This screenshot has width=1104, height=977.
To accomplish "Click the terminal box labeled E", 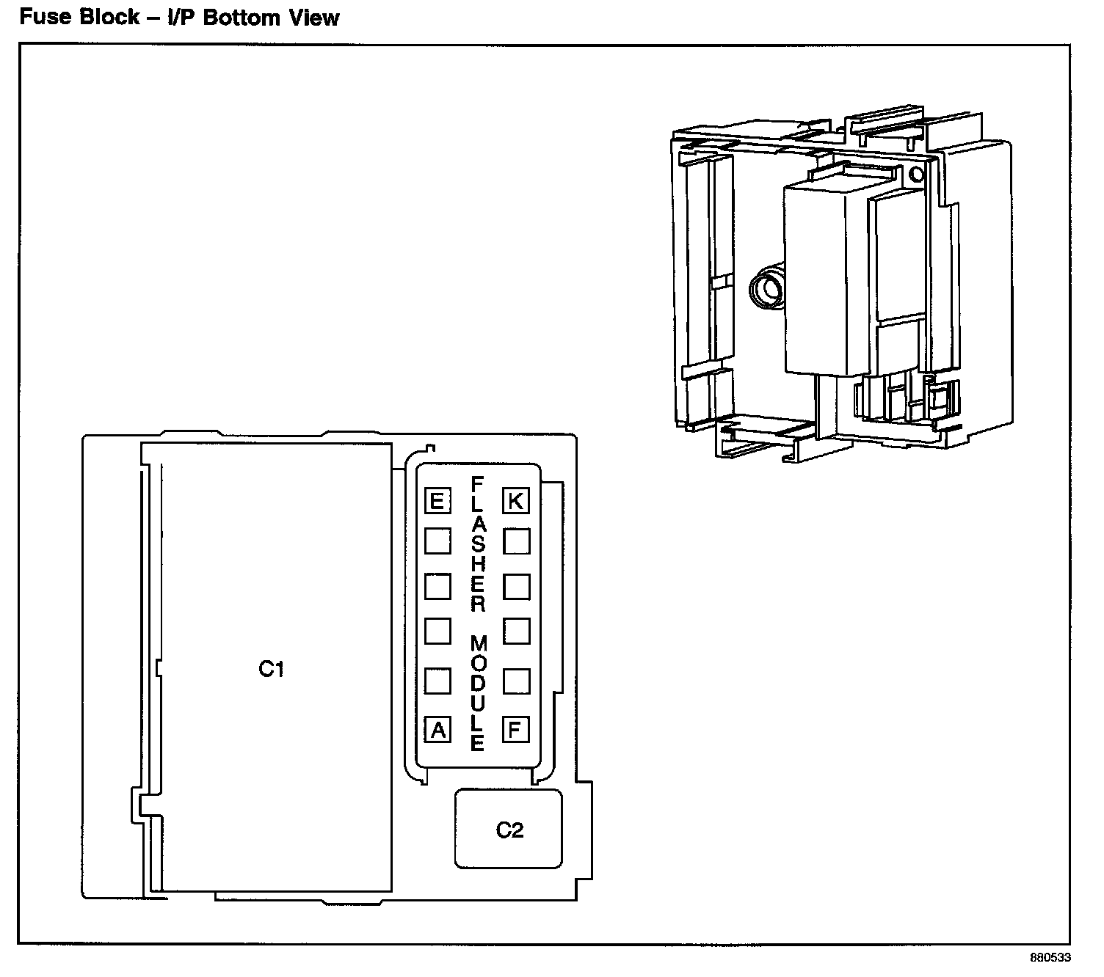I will pyautogui.click(x=437, y=502).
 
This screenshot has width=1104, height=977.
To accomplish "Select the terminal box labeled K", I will pyautogui.click(x=516, y=501).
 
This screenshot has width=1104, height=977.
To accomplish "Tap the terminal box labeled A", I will pyautogui.click(x=438, y=731).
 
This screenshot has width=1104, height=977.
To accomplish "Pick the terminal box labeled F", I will pyautogui.click(x=516, y=730).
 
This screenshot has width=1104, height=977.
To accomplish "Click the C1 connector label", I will pyautogui.click(x=272, y=669).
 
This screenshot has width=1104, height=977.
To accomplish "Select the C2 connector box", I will pyautogui.click(x=509, y=829).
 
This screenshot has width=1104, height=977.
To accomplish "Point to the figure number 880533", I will pyautogui.click(x=1050, y=958).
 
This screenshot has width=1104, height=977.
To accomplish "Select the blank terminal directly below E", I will pyautogui.click(x=437, y=541).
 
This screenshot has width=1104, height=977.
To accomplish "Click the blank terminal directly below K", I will pyautogui.click(x=516, y=541).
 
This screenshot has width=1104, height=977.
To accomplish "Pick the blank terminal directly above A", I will pyautogui.click(x=437, y=681).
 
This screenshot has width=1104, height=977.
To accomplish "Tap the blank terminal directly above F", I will pyautogui.click(x=516, y=681).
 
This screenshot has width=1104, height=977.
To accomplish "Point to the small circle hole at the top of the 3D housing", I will pyautogui.click(x=915, y=175).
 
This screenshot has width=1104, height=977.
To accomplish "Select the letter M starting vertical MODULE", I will pyautogui.click(x=479, y=644).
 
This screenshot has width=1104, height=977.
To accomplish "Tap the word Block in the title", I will pyautogui.click(x=110, y=17).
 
